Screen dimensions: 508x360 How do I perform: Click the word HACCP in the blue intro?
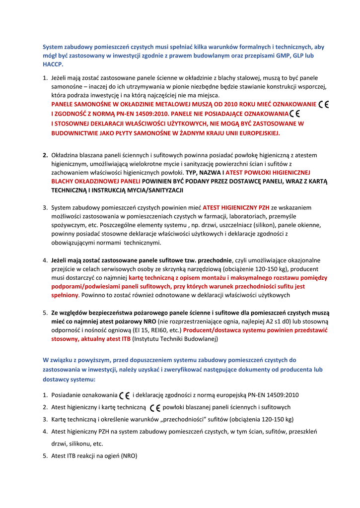tap(53, 64)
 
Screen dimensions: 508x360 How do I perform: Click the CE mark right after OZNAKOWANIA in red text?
tap(294, 114)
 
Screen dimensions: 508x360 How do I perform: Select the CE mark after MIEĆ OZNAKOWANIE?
tap(325, 104)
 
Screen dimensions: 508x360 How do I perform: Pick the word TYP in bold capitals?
tap(192, 173)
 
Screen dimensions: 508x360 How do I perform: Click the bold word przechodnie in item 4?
tap(215, 260)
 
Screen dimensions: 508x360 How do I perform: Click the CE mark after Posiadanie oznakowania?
tap(125, 395)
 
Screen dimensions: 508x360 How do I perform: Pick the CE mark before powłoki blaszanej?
tap(154, 407)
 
